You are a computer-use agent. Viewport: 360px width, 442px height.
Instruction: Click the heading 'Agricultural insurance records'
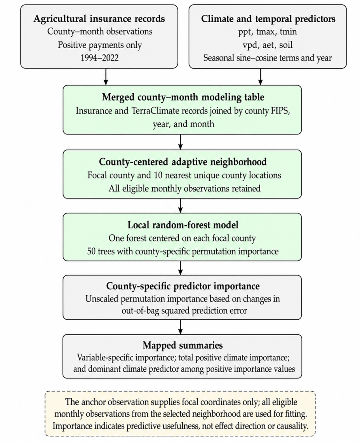click(99, 19)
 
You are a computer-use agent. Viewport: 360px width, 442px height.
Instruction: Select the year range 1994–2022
click(99, 58)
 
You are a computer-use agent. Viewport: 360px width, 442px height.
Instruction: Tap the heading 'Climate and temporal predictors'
click(268, 19)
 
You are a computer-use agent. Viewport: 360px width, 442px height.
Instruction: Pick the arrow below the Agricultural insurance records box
click(106, 77)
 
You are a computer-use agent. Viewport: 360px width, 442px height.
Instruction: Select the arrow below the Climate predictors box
click(261, 77)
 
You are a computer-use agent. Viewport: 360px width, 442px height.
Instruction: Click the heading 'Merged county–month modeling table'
click(183, 97)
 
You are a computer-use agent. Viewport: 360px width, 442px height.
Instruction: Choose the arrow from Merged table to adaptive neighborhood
click(181, 142)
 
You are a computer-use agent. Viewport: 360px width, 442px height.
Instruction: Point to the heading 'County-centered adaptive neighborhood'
click(183, 162)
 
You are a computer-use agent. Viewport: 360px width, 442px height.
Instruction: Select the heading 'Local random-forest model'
click(183, 225)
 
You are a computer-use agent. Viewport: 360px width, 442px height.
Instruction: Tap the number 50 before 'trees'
click(91, 251)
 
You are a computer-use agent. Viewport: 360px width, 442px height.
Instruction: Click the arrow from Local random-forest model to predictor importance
click(181, 268)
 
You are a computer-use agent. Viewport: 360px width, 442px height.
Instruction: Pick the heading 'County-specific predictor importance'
click(183, 286)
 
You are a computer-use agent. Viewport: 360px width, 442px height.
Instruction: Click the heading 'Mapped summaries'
click(183, 345)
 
